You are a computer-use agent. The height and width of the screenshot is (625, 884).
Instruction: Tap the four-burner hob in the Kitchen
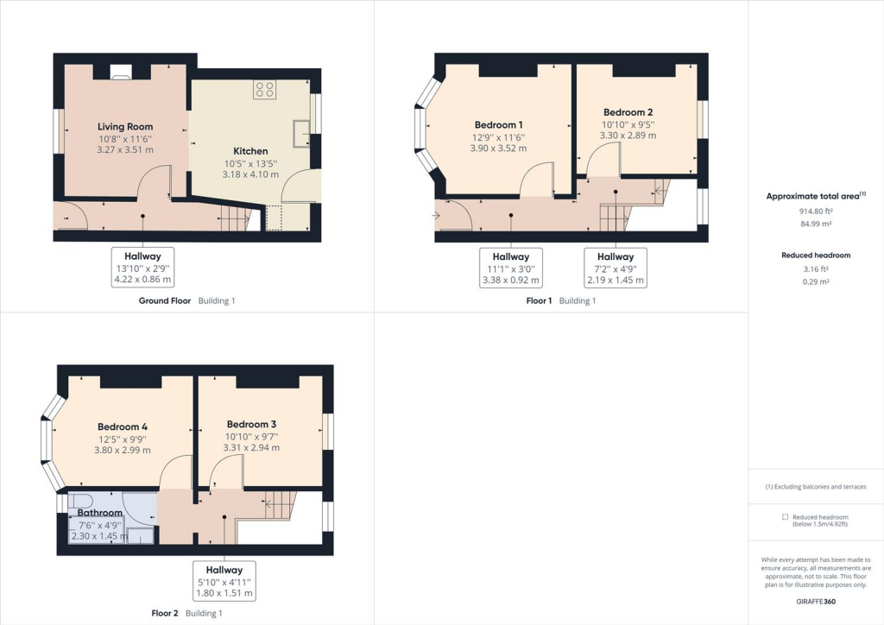264,89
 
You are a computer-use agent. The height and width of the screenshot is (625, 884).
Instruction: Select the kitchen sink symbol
302,133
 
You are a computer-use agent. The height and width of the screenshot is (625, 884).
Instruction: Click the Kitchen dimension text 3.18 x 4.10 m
250,174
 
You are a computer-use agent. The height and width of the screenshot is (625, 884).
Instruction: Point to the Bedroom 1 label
498,124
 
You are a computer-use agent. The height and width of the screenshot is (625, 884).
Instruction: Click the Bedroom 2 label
628,112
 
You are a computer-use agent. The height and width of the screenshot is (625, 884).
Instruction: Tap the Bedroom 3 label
251,424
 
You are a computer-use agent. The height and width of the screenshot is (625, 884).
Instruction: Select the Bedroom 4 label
122,426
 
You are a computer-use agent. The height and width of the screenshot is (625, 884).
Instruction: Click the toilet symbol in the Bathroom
80,502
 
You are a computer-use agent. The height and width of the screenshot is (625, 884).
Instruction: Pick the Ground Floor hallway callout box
143,267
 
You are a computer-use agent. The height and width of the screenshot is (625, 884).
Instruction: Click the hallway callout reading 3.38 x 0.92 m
511,268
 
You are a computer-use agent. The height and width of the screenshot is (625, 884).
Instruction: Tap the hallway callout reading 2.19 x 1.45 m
615,268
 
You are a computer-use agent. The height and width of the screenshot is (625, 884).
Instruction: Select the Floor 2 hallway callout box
224,581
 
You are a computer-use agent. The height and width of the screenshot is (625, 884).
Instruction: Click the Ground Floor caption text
165,301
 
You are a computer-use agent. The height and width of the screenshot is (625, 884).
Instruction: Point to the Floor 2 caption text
164,613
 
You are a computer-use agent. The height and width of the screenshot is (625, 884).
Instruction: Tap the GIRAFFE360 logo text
816,601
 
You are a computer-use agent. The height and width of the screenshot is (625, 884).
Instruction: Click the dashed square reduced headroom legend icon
785,516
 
